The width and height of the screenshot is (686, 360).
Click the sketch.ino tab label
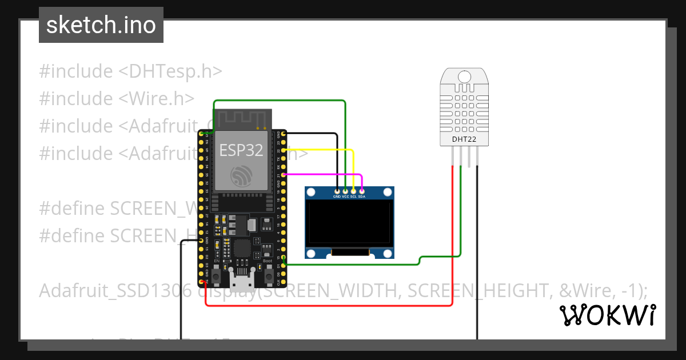[x=101, y=25]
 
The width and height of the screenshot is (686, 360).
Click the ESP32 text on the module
[x=241, y=150]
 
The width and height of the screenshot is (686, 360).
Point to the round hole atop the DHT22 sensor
[x=464, y=76]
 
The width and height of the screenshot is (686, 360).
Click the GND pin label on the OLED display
[x=337, y=197]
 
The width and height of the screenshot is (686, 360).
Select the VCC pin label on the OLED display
[x=345, y=197]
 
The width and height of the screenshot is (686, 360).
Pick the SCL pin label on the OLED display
[x=353, y=197]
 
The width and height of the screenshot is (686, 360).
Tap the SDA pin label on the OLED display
[x=362, y=197]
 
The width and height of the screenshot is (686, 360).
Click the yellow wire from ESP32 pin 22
[x=320, y=150]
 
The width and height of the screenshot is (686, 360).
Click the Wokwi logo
[x=607, y=315]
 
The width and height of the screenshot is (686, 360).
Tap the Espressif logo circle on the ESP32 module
[x=241, y=177]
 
